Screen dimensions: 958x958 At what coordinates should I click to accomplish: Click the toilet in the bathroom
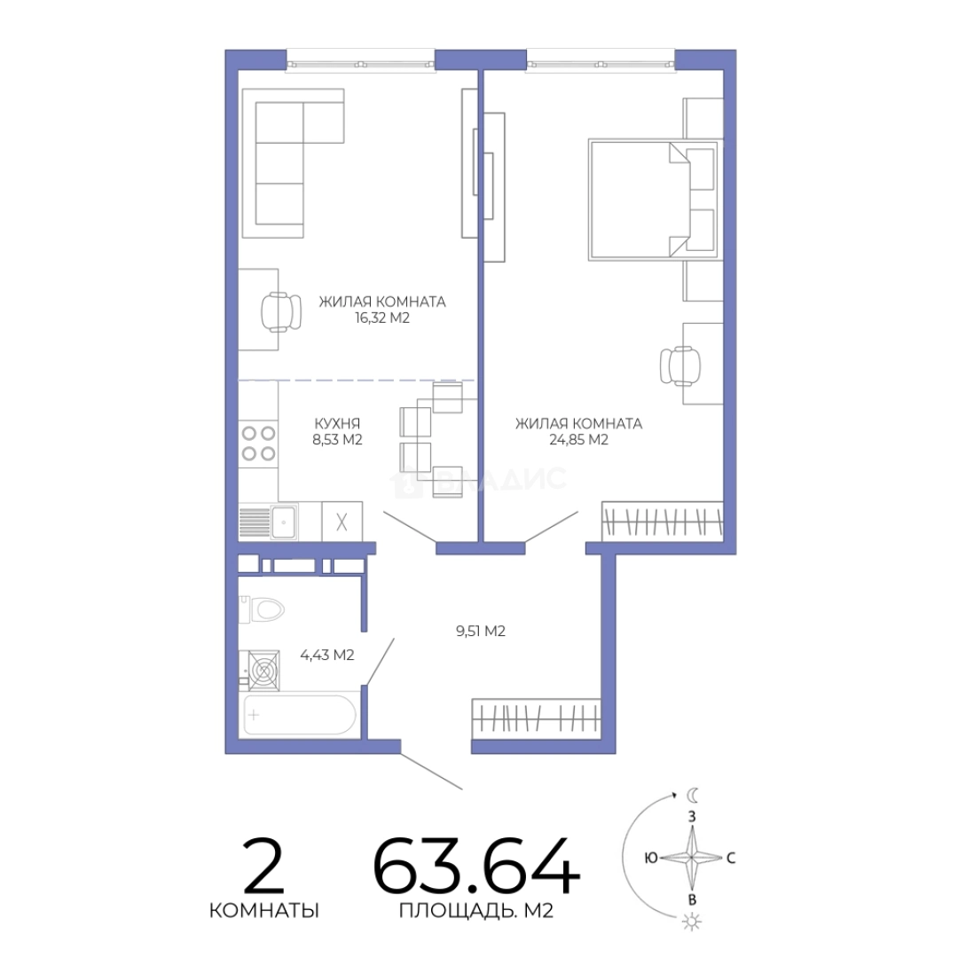[262, 609]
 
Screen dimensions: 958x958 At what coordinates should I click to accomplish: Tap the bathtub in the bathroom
[300, 715]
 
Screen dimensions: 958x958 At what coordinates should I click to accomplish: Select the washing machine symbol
[263, 671]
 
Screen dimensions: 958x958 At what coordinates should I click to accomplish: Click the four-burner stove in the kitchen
[258, 443]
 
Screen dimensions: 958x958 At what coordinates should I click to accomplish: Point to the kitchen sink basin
[284, 522]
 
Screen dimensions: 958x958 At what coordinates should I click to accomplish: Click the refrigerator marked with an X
[342, 522]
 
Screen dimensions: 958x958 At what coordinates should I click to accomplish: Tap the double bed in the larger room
[653, 200]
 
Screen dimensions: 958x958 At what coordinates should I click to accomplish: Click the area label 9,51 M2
[480, 632]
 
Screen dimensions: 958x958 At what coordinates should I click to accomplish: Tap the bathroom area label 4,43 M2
[326, 655]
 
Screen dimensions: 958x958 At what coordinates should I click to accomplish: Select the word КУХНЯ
[337, 423]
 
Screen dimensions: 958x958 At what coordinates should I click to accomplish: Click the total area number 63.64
[476, 866]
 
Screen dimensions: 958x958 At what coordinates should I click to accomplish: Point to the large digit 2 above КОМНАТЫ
[263, 866]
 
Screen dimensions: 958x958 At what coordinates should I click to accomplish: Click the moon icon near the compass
[692, 795]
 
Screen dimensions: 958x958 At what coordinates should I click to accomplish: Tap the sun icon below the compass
[692, 922]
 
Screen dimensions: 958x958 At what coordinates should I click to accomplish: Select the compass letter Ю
[651, 858]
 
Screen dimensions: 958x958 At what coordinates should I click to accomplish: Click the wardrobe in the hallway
[536, 718]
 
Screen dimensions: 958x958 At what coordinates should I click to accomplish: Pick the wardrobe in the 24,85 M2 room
[663, 522]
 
